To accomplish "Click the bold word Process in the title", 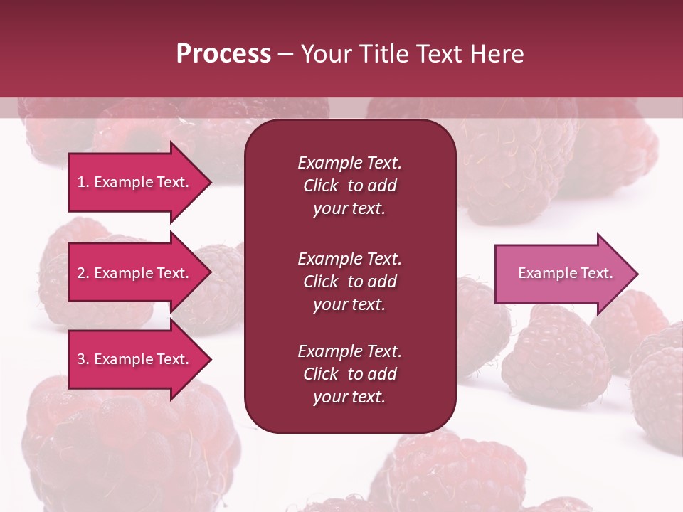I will point(223,54).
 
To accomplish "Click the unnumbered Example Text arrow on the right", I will point(562,274).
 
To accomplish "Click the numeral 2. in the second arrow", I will point(83,273).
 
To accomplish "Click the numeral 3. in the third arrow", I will point(83,360).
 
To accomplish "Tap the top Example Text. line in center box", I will point(349,163).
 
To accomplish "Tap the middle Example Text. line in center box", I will point(349,259).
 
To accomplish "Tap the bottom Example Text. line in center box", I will point(349,351).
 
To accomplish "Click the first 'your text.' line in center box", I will point(349,209).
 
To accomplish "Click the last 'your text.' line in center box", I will point(349,397).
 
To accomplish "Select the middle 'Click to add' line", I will point(349,282).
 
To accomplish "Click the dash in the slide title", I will point(286,54).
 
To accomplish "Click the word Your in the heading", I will point(326,54).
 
